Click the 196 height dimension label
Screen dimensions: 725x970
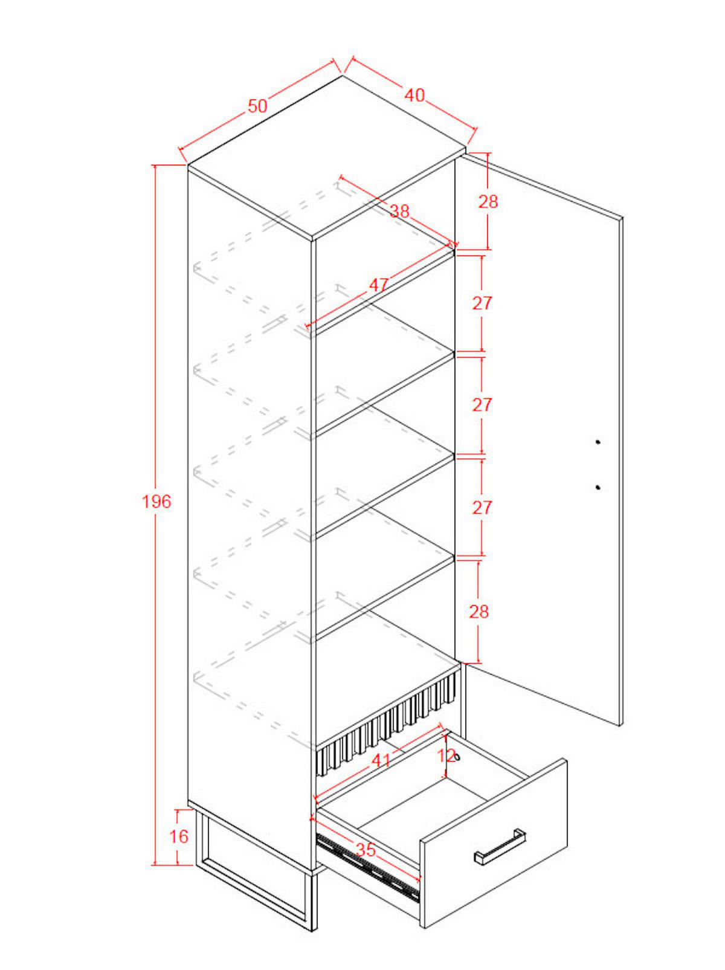tap(156, 502)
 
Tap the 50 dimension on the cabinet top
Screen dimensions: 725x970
tap(257, 106)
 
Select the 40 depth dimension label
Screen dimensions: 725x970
tap(414, 95)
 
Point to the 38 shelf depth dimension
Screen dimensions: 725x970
tap(401, 212)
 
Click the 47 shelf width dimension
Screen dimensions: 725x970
tap(379, 285)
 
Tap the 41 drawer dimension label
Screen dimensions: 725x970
tap(381, 760)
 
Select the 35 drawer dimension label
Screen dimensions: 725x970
tap(366, 849)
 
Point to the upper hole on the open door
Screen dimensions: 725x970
tap(598, 441)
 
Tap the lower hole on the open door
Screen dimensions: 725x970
tap(598, 488)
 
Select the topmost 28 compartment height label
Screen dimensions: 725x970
tap(488, 201)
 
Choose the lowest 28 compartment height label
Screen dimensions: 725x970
tap(479, 612)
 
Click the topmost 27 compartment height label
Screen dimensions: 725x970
tap(482, 303)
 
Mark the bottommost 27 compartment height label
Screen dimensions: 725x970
tap(482, 508)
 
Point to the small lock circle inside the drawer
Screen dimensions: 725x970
tap(457, 757)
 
